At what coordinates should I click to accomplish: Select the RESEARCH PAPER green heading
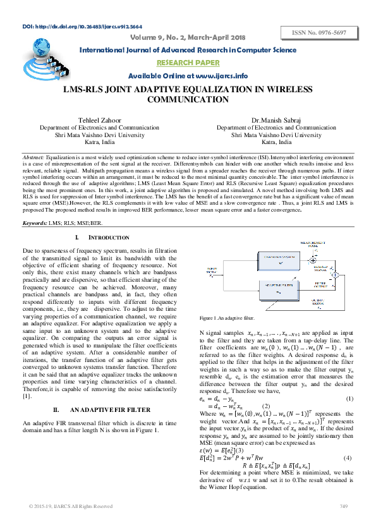click(x=188, y=63)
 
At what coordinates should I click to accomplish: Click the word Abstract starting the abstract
click(x=33, y=156)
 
